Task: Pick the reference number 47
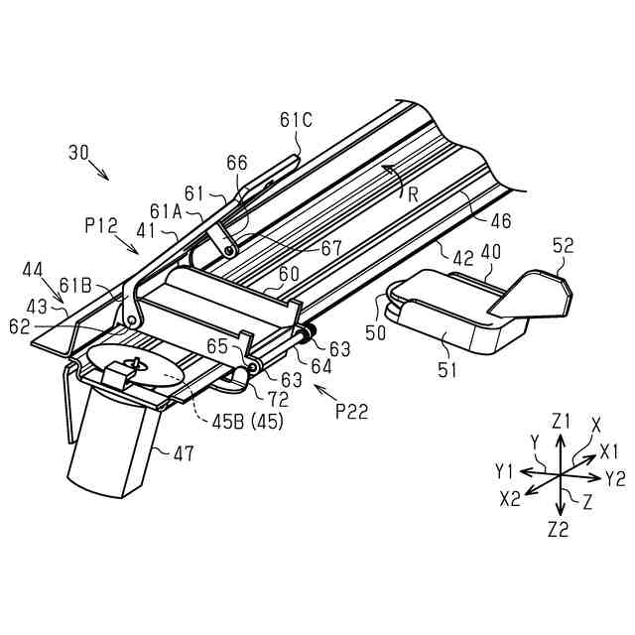point(182,453)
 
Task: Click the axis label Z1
point(563,421)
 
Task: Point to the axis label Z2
point(558,529)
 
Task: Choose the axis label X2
point(509,499)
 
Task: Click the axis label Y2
point(615,478)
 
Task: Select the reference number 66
point(237,163)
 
